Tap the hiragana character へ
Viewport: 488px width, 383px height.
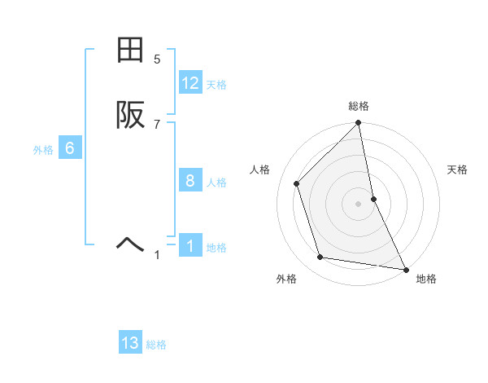click(x=130, y=242)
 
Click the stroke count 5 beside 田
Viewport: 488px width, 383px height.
click(x=157, y=59)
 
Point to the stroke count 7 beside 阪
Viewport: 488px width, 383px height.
click(x=157, y=124)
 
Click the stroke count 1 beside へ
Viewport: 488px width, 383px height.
click(x=157, y=255)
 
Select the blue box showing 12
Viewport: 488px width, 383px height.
click(x=190, y=83)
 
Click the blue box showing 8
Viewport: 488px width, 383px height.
click(x=190, y=181)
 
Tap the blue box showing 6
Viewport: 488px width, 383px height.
click(x=70, y=148)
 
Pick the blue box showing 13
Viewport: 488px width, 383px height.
click(x=130, y=343)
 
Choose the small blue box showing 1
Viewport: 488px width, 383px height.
click(x=190, y=246)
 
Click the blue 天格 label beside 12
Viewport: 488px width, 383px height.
click(x=216, y=85)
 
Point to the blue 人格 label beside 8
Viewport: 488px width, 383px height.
click(x=216, y=183)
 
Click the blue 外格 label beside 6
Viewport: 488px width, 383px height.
click(x=43, y=150)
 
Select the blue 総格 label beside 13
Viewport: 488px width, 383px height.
click(x=156, y=345)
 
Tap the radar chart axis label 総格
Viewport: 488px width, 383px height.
click(x=359, y=106)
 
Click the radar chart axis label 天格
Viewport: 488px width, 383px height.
click(x=458, y=169)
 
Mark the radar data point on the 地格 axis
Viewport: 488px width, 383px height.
click(x=405, y=269)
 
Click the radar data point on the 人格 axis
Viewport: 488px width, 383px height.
click(x=297, y=183)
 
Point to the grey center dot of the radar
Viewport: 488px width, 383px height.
click(x=359, y=204)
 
